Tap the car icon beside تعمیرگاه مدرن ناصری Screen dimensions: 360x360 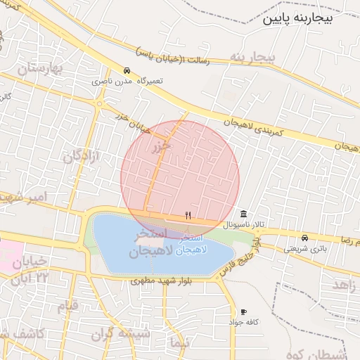tap(126, 71)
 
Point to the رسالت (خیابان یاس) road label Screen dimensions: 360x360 tap(172, 57)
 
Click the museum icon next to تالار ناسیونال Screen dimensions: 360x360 tap(243, 214)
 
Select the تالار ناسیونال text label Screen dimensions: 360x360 tap(243, 225)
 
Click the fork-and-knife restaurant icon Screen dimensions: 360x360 tap(188, 216)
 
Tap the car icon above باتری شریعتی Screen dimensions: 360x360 tap(304, 238)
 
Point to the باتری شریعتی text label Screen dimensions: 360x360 tap(305, 248)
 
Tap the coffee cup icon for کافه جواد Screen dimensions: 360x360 tap(243, 311)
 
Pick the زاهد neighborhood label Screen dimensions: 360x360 tap(344, 285)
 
